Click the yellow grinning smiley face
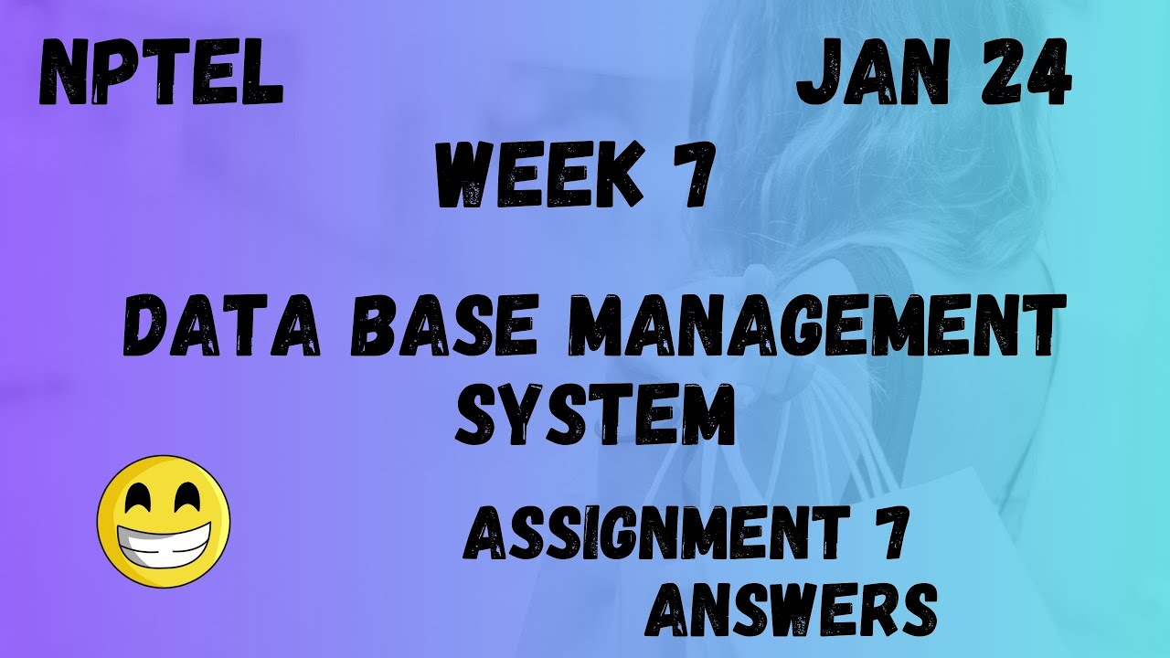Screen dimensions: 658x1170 coord(164,521)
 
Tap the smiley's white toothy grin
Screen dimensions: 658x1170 coord(164,543)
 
